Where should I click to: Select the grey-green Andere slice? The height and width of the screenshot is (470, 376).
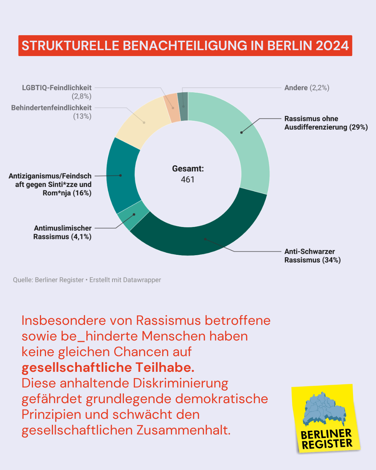tap(183, 106)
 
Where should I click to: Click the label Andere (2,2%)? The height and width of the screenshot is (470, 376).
tap(307, 88)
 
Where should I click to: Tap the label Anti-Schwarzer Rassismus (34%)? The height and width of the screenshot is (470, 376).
tap(312, 256)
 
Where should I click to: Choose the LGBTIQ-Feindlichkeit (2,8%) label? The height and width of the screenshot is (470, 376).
tap(57, 92)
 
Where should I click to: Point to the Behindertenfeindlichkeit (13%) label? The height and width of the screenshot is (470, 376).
tap(52, 112)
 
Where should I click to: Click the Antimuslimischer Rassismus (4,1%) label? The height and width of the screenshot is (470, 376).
tap(63, 232)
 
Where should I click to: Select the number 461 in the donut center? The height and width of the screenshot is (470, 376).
tap(188, 180)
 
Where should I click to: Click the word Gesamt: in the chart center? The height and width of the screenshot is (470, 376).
tap(188, 169)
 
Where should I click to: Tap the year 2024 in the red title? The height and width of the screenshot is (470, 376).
tap(332, 46)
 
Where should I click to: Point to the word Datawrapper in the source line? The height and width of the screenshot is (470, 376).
tap(143, 280)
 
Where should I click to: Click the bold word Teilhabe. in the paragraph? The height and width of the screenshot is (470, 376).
tap(165, 368)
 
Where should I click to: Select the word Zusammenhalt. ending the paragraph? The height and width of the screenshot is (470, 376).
tap(183, 430)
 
